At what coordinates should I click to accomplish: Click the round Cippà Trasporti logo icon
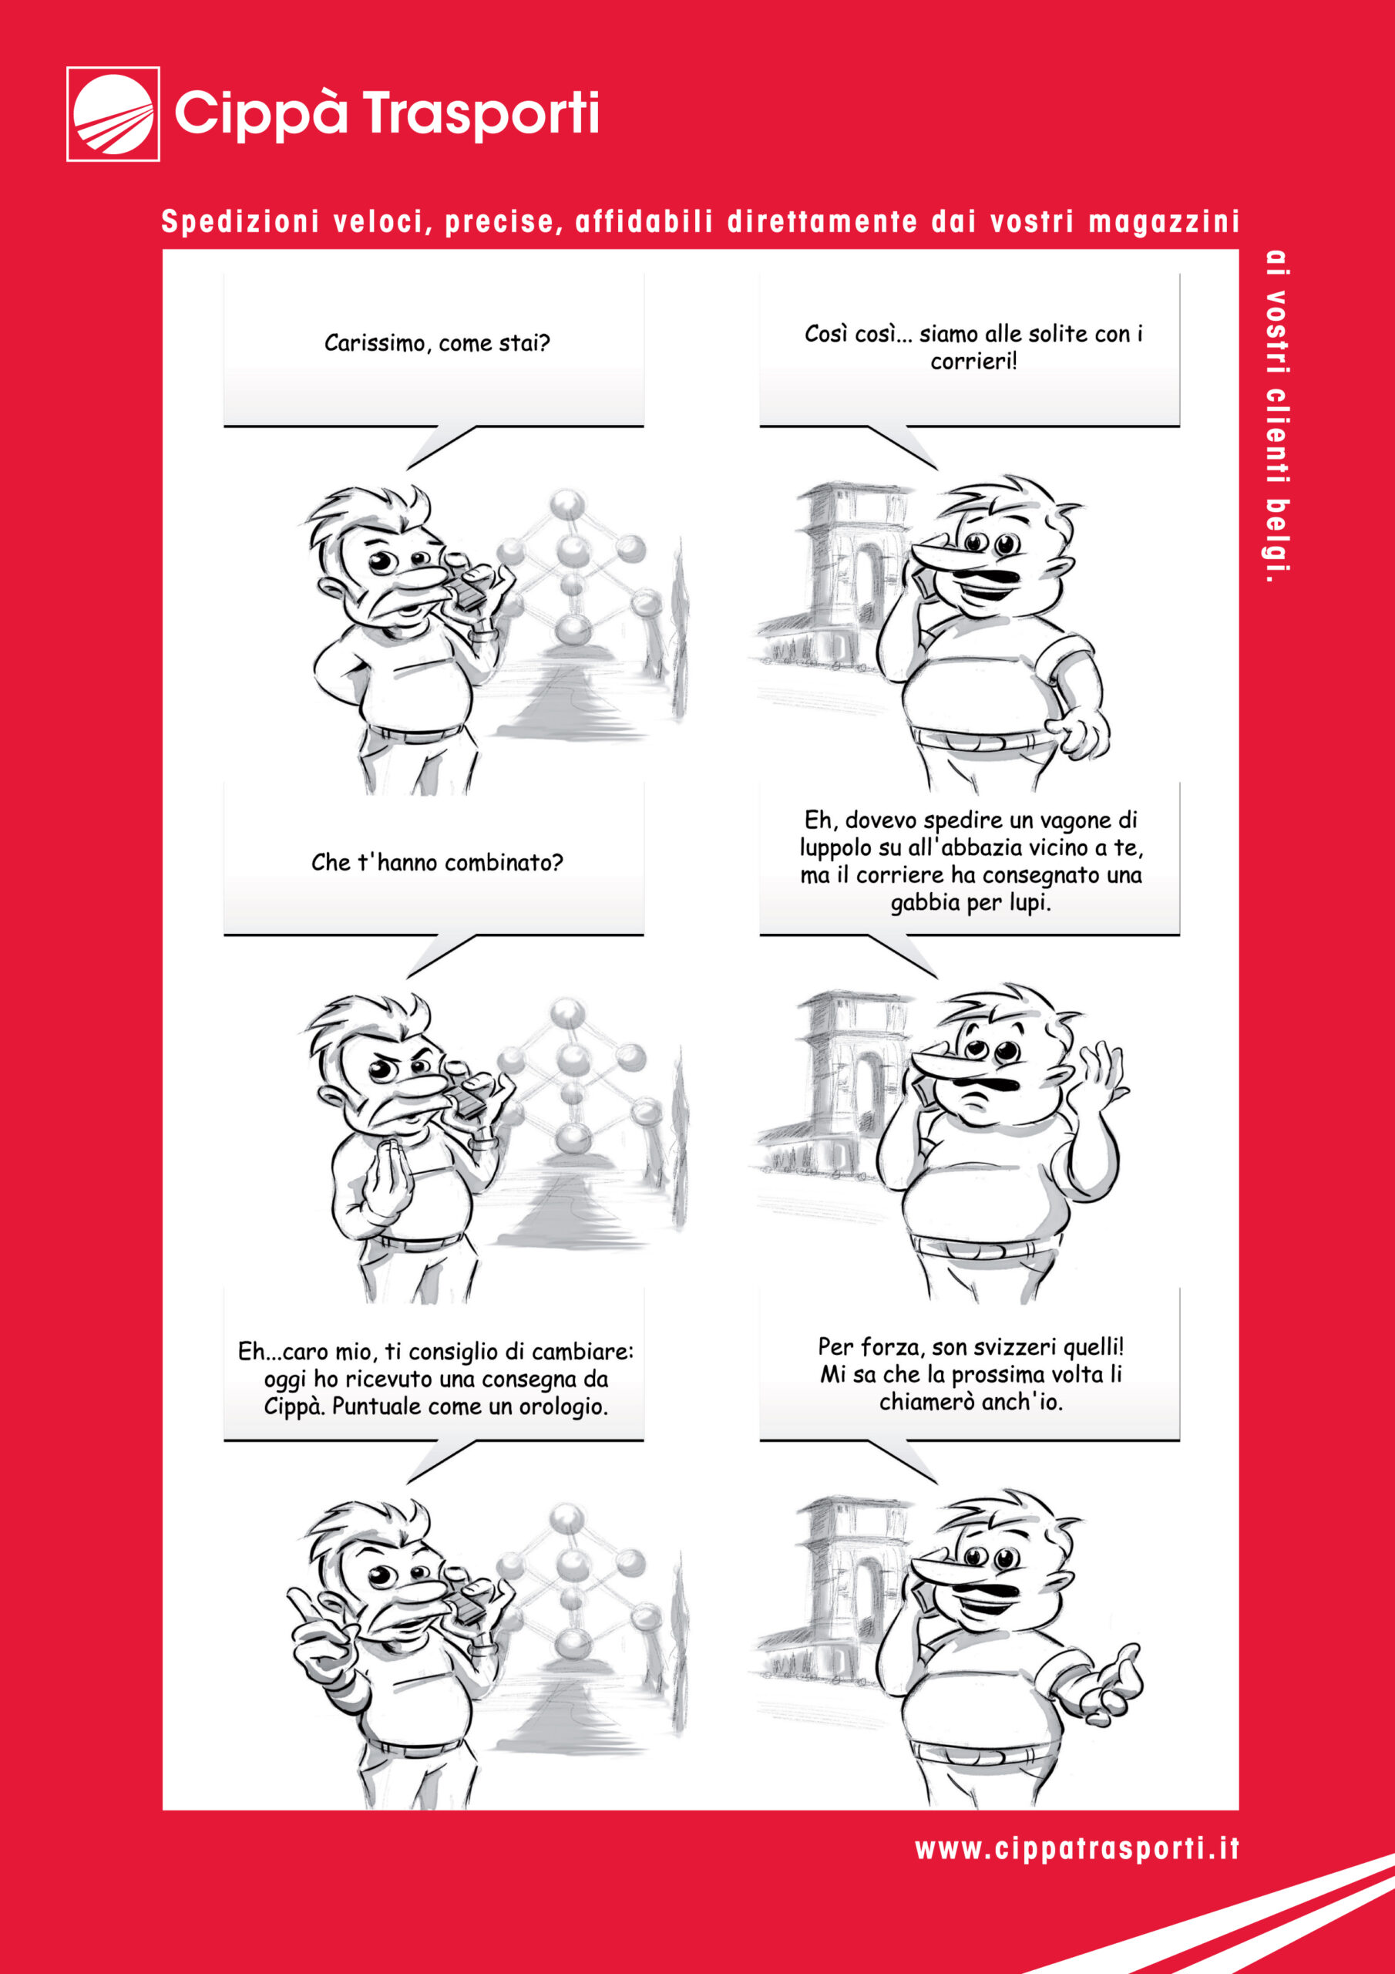tap(113, 113)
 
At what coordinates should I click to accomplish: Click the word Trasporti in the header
tap(480, 113)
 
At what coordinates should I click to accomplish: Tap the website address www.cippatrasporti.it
tap(1077, 1848)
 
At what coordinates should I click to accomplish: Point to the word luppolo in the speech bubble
tap(836, 847)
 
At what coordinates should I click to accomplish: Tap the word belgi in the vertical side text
tap(1278, 541)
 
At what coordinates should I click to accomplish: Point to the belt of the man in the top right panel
tap(980, 739)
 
